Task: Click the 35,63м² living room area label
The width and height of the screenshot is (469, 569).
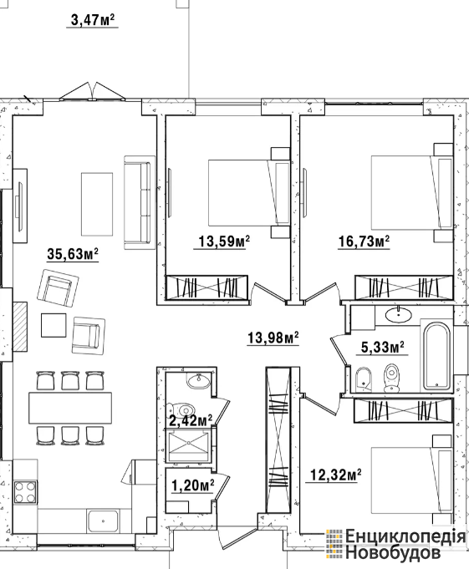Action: pos(73,254)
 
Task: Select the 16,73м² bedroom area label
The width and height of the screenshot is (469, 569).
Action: pos(364,241)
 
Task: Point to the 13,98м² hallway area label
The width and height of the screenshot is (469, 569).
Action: pos(273,338)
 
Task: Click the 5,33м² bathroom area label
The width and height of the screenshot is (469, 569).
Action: pos(383,348)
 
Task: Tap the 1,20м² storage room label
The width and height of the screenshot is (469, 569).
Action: pos(192,485)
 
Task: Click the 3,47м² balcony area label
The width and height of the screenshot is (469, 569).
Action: pos(93,19)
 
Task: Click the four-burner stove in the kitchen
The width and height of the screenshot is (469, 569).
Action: pos(25,491)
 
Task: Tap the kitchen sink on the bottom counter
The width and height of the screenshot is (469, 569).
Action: pos(103,521)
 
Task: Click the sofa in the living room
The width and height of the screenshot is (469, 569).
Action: pos(138,202)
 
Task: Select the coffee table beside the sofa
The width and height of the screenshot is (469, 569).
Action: pos(97,204)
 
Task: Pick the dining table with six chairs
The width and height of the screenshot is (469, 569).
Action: pos(70,408)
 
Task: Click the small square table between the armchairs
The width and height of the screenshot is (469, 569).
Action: pos(54,325)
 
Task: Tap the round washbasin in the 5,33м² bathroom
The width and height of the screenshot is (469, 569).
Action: pos(399,315)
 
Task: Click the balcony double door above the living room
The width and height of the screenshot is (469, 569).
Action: pos(92,91)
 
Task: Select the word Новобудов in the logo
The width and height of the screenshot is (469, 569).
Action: pos(393,553)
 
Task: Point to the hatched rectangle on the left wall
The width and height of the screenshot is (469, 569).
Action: pos(20,327)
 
